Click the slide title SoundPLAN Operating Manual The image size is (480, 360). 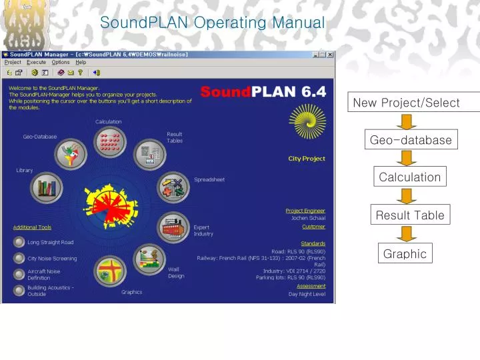212,23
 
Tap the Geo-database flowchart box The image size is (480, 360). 411,140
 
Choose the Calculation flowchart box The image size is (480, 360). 409,177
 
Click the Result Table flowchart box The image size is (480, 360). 409,215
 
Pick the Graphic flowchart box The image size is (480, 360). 405,253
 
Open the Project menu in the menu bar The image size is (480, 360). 13,62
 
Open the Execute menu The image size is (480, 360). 36,62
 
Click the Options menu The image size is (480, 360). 60,62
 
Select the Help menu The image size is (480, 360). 81,62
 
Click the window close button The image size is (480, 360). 330,54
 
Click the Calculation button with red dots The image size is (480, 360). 109,141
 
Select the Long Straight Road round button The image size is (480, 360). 19,242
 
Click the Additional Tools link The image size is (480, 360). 32,227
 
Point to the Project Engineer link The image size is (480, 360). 305,211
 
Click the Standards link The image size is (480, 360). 313,243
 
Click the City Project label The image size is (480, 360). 307,159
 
